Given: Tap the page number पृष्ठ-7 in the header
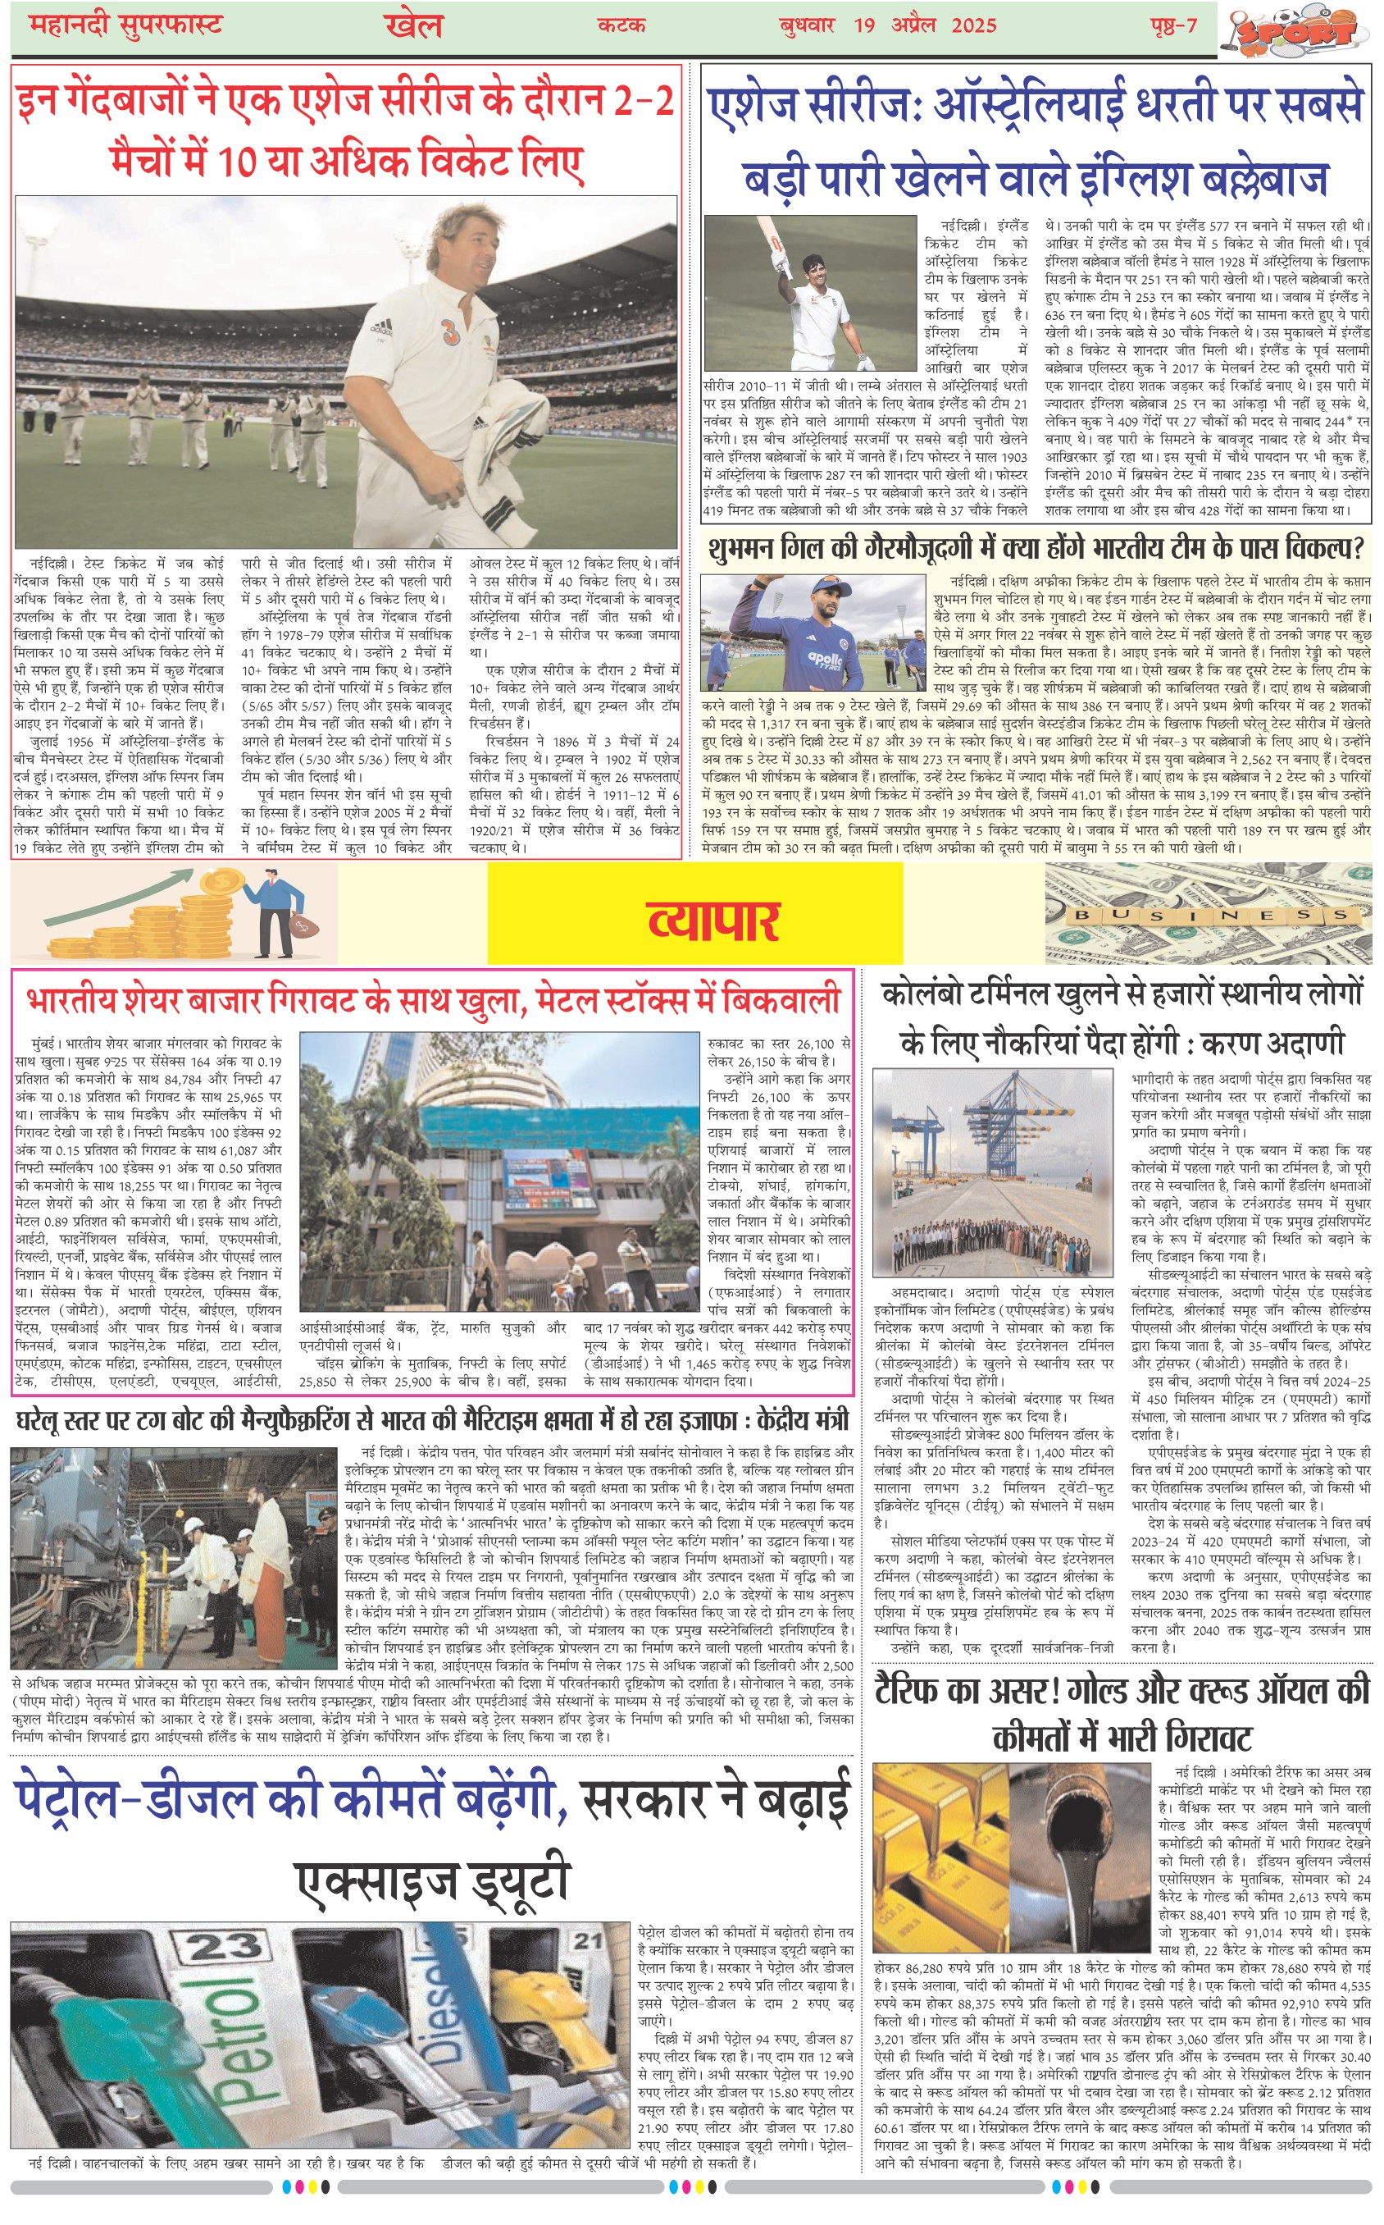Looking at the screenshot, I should [x=1173, y=25].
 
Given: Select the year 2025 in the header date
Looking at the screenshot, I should [x=973, y=25].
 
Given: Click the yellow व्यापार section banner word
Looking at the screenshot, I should [x=713, y=918].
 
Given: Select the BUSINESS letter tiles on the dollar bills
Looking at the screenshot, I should [x=1212, y=915].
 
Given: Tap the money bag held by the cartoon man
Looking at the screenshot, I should [x=301, y=925].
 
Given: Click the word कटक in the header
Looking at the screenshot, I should [x=621, y=25].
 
